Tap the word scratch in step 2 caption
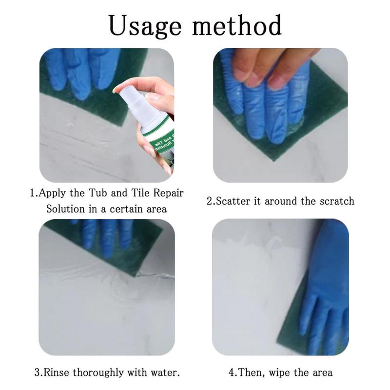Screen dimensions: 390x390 click(x=337, y=201)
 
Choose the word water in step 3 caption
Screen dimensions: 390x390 click(x=166, y=373)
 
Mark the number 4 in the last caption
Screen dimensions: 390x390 click(x=231, y=373)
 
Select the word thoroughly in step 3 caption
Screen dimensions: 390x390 click(x=100, y=373)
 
